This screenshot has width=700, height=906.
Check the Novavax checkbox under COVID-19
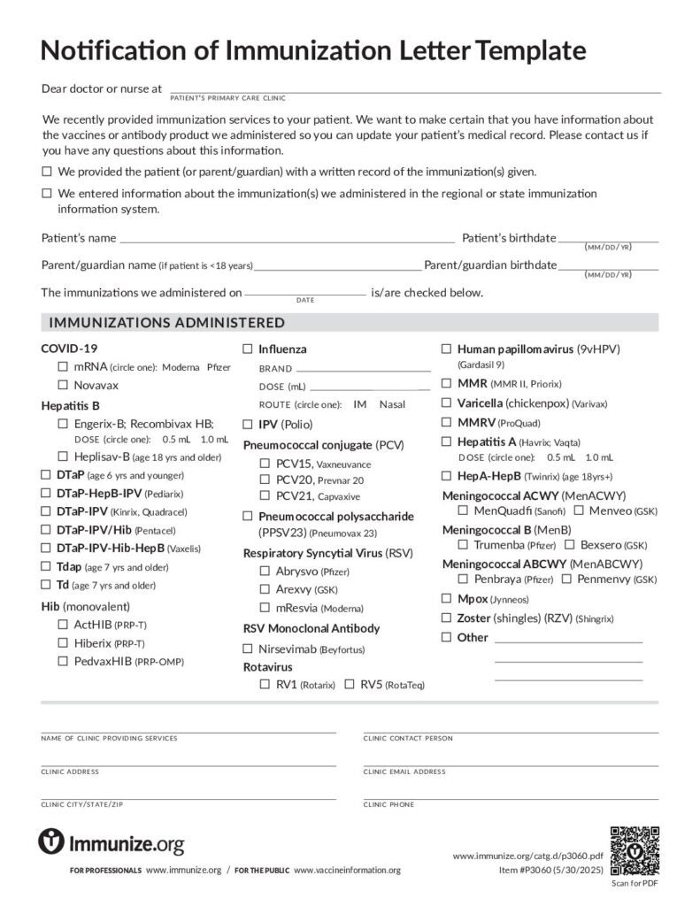click(63, 385)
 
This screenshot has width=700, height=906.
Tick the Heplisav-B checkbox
click(63, 457)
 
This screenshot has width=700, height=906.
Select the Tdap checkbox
click(47, 566)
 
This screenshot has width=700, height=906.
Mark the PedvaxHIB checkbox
click(63, 661)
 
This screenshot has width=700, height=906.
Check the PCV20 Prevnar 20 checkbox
click(265, 480)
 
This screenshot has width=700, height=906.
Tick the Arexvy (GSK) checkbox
click(265, 589)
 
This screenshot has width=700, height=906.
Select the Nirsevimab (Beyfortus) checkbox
click(249, 649)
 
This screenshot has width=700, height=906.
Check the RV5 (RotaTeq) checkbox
click(350, 684)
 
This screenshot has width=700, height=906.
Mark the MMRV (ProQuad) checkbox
click(446, 422)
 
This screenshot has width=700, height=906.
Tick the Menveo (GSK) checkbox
click(578, 511)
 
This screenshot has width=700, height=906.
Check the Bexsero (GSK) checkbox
click(570, 544)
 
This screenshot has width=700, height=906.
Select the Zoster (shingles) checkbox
click(446, 618)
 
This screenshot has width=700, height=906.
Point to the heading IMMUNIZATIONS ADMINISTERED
click(167, 322)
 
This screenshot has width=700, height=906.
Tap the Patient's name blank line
click(287, 239)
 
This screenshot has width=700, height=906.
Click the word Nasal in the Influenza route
click(392, 404)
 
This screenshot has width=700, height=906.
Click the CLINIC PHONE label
click(388, 804)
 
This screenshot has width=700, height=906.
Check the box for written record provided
click(47, 172)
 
